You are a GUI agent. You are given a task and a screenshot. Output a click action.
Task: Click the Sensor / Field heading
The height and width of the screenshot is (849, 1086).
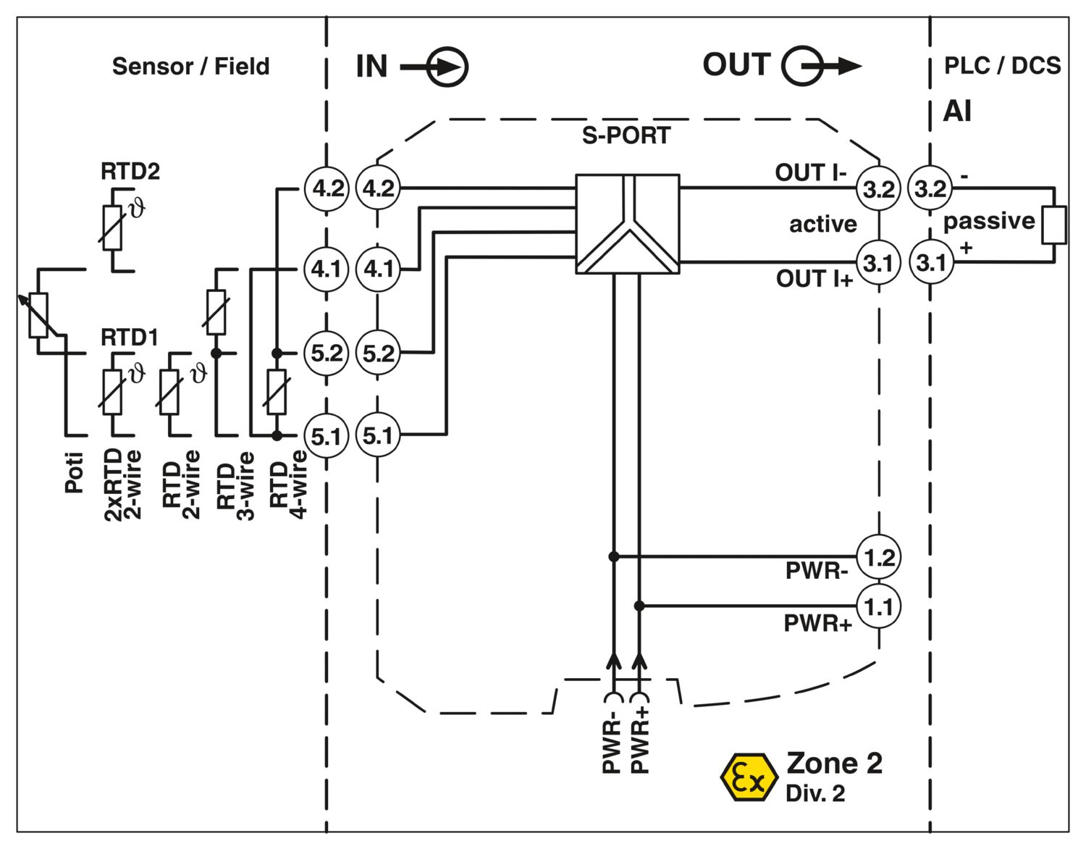(x=190, y=67)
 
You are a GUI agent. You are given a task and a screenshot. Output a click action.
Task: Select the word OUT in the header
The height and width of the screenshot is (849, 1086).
(x=736, y=65)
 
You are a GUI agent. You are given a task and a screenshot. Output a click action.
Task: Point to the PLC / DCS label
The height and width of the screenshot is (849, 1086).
(x=1002, y=66)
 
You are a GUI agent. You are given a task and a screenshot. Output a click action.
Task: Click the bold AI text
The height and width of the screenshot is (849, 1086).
(x=957, y=112)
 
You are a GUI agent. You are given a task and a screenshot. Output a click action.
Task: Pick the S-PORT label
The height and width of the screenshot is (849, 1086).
(x=626, y=135)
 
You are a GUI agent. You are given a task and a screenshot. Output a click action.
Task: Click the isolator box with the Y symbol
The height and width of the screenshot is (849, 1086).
(x=627, y=224)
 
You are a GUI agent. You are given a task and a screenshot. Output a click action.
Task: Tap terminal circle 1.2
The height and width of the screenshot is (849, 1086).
(x=879, y=558)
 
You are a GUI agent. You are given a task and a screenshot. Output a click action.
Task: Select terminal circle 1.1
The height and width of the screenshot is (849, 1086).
(x=879, y=606)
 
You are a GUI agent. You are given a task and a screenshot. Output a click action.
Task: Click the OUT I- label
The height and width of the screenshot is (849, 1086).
(x=810, y=172)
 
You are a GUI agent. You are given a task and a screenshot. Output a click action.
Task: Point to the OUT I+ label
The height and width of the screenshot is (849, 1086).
(x=814, y=279)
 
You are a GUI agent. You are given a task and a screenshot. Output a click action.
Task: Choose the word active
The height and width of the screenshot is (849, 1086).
(x=822, y=224)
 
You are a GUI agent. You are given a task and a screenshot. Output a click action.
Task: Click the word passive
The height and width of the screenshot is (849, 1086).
(x=989, y=221)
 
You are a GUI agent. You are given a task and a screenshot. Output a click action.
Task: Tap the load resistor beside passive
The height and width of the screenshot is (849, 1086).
(x=1054, y=225)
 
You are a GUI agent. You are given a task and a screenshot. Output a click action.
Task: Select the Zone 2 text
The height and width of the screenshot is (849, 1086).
(x=834, y=764)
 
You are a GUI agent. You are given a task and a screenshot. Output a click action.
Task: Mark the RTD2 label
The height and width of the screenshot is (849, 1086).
(x=130, y=172)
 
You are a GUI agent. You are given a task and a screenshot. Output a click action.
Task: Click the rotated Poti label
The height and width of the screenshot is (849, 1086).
(x=75, y=472)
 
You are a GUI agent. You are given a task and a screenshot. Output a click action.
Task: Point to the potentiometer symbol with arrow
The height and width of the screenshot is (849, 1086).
(x=38, y=316)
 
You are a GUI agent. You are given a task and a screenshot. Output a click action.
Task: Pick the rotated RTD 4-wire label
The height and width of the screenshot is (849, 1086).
(x=288, y=483)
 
